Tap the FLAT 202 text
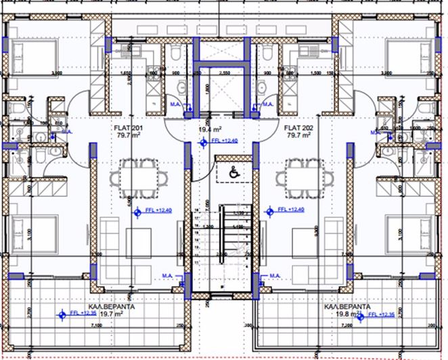pyautogui.click(x=298, y=127)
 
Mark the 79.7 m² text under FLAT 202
pyautogui.click(x=298, y=135)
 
